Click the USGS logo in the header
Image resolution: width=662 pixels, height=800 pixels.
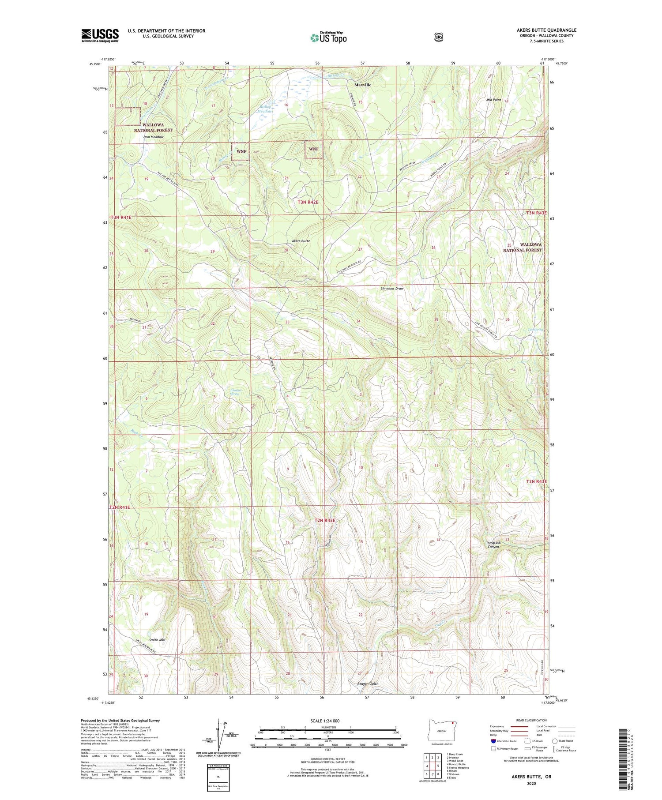tap(100, 35)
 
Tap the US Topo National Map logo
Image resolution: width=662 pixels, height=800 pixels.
tap(328, 37)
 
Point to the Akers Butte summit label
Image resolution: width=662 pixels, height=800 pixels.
tap(301, 241)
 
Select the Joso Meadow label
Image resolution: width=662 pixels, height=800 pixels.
tap(153, 137)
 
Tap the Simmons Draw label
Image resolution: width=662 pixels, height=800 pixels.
tap(392, 289)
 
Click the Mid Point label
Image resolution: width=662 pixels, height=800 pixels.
tap(493, 100)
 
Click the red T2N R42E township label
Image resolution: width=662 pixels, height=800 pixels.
tap(325, 521)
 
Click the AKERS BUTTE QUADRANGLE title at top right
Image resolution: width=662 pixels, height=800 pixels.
tap(546, 30)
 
